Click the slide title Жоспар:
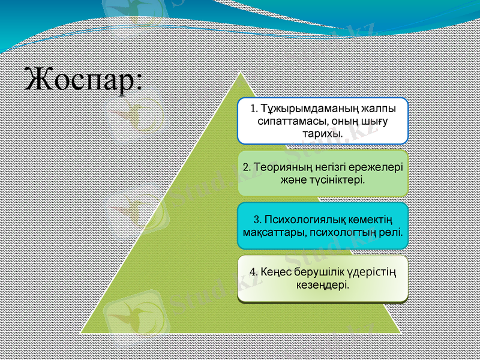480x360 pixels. [x=84, y=80]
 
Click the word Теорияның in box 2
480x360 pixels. [x=284, y=166]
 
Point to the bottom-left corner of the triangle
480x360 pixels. [x=83, y=331]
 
